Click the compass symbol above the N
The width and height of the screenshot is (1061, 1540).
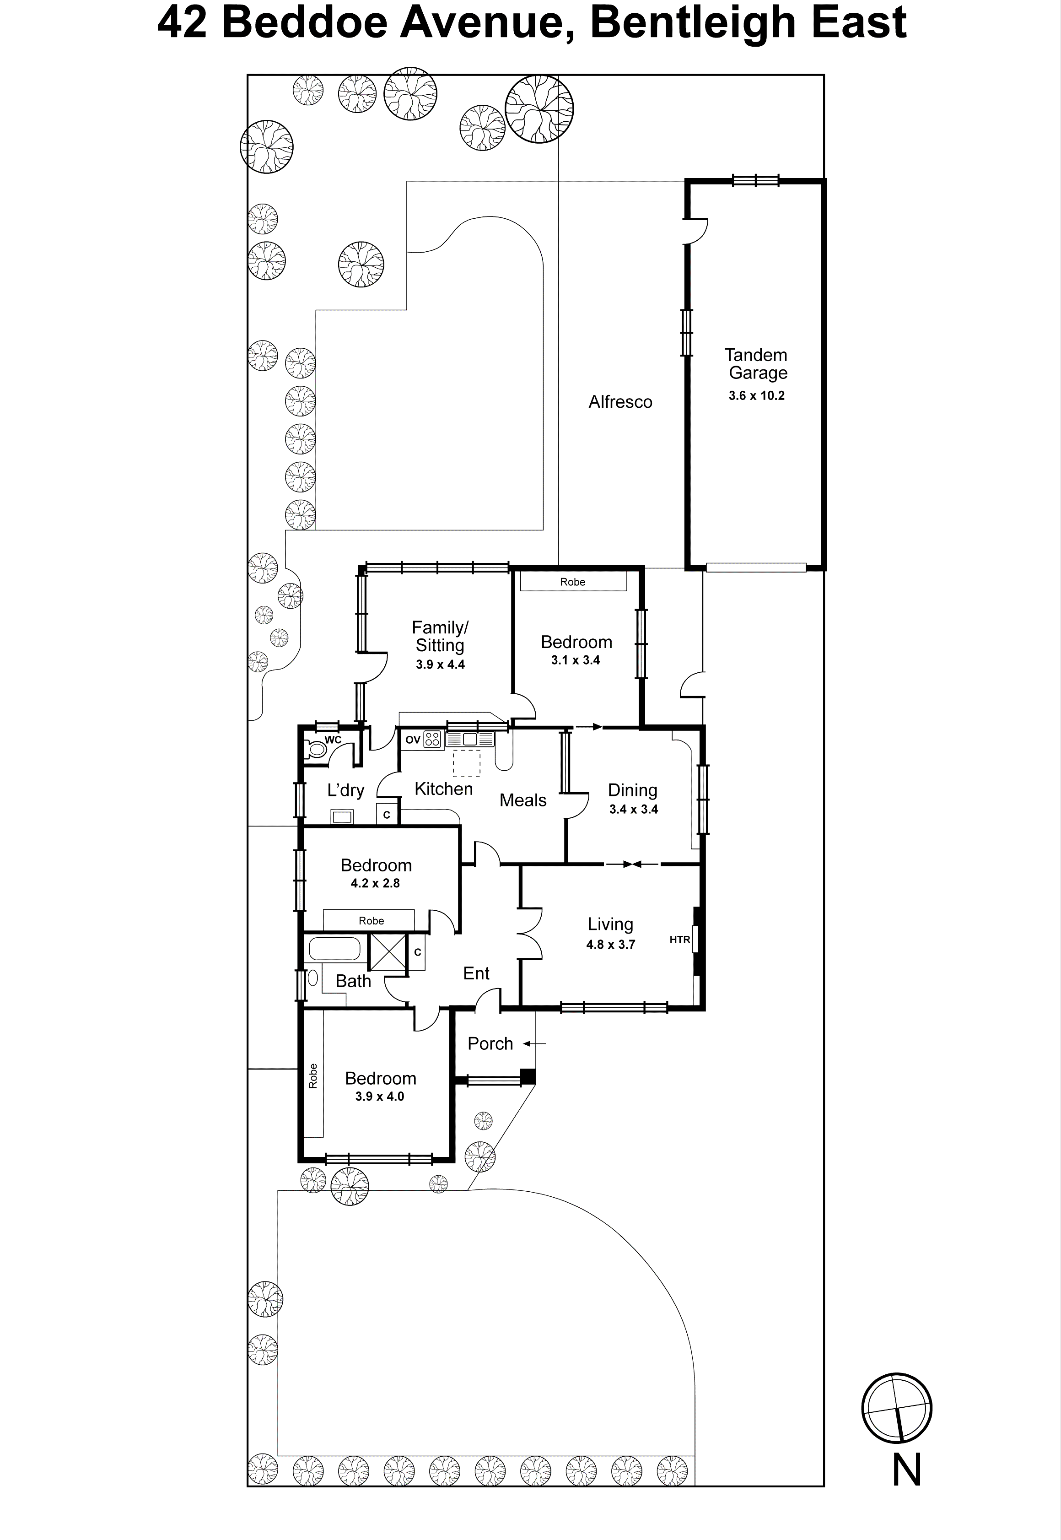coord(896,1408)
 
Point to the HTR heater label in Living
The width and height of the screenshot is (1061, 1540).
coord(679,940)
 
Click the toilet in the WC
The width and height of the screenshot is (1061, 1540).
coord(317,750)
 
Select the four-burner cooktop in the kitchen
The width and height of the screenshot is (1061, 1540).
coord(432,739)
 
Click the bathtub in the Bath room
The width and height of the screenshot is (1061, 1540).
coord(334,949)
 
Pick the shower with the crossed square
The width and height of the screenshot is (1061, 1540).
coord(388,953)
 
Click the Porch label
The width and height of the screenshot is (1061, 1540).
coord(490,1043)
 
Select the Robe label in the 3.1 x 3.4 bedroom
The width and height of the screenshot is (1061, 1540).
coord(572,582)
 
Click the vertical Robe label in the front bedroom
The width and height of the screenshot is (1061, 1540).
coord(312,1076)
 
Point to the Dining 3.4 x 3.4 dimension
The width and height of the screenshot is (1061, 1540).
coord(633,809)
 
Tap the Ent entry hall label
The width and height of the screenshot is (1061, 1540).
coord(476,973)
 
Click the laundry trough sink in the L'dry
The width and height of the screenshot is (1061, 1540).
coord(342,816)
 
